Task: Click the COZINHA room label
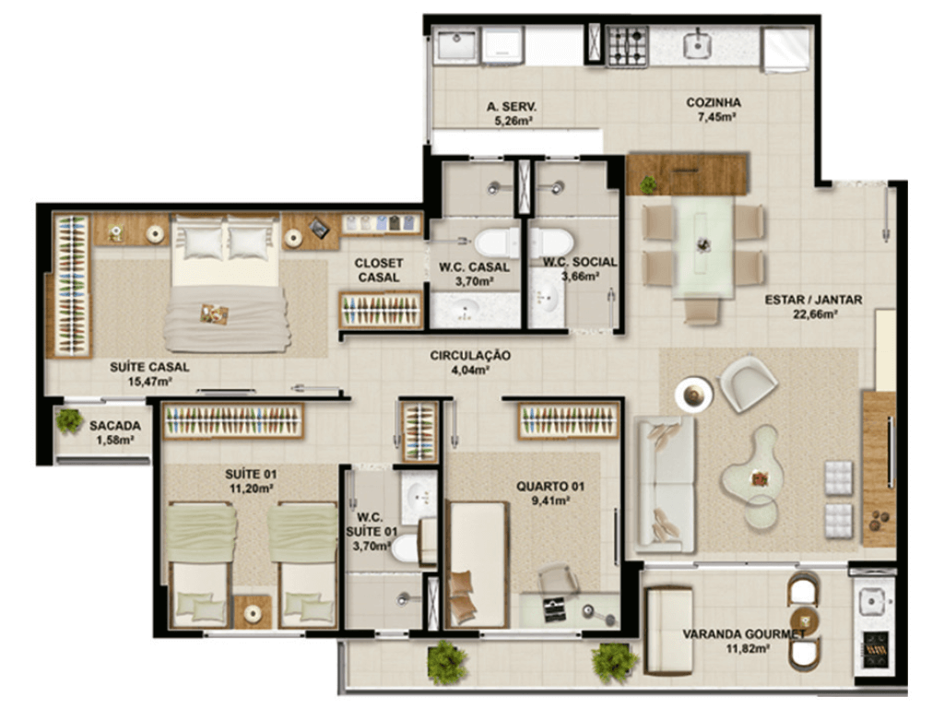click(714, 102)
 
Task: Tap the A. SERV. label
click(512, 107)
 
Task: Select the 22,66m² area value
click(816, 313)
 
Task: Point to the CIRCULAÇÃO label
click(470, 355)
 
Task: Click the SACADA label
click(115, 426)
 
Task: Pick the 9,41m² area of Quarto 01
click(550, 501)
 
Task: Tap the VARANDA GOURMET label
click(744, 634)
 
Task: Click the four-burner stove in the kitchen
click(627, 46)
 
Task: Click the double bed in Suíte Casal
click(226, 283)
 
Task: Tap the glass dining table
click(702, 247)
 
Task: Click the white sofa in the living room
click(665, 484)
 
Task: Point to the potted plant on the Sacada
click(69, 420)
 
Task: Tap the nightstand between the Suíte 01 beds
click(253, 612)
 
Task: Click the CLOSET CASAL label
click(379, 270)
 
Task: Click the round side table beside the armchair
click(694, 395)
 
